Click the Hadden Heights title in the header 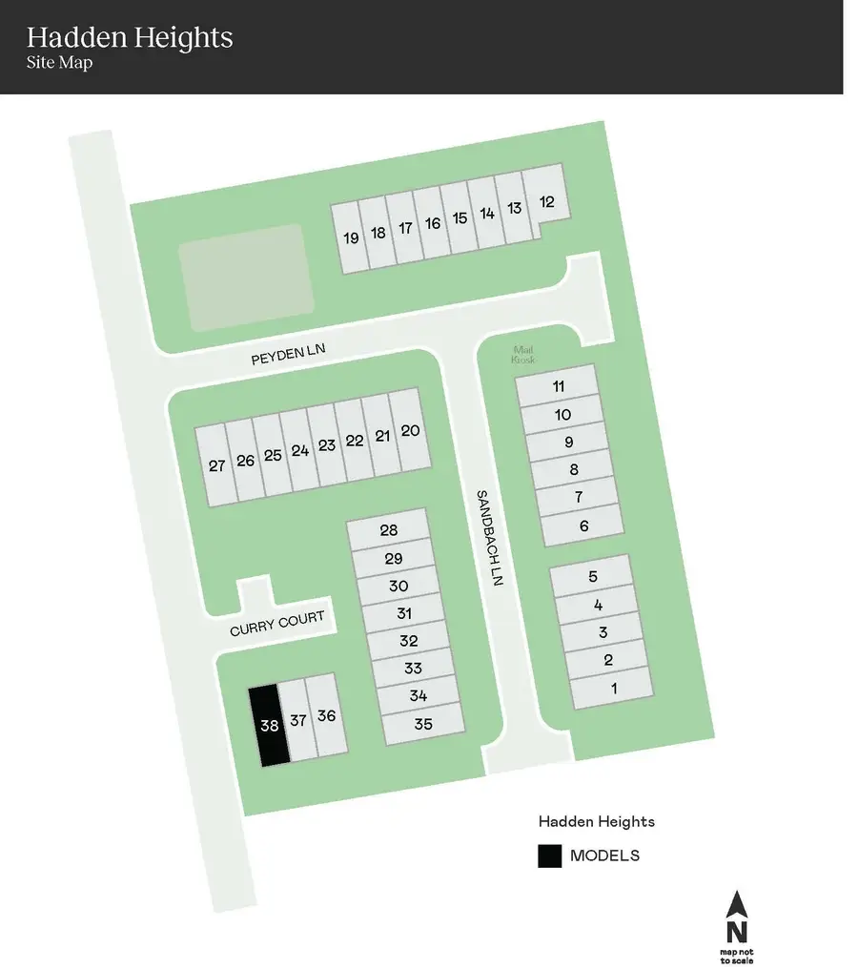pos(130,38)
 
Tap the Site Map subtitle pos(58,64)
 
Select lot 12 pos(546,201)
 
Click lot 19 pos(351,237)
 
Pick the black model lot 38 pos(269,725)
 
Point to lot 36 pos(327,715)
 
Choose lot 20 pos(410,430)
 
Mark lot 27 pos(216,465)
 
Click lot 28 pos(388,530)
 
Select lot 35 pos(423,724)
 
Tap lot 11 pos(559,386)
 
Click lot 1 pos(614,688)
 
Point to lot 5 pos(592,576)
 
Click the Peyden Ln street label pos(288,356)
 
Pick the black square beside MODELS pos(549,856)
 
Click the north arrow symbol pos(736,917)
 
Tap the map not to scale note pos(737,956)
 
